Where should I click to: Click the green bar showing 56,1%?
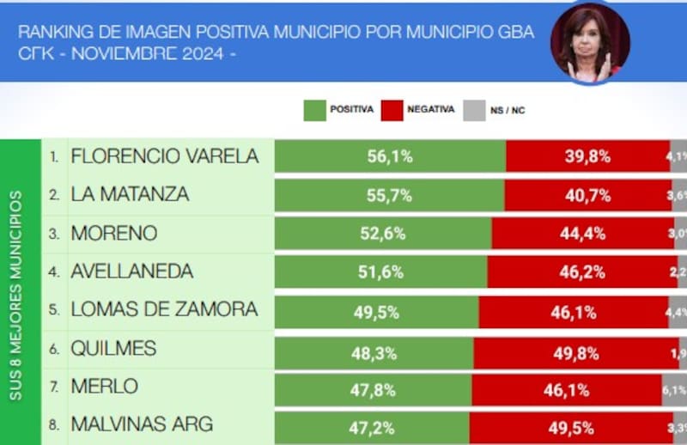pos(390,156)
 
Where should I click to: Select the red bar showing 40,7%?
pos(588,195)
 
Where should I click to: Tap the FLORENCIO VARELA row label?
pos(165,156)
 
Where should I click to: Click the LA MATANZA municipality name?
pos(130,195)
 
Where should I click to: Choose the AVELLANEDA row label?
pos(132,271)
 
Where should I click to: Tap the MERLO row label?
pos(104,387)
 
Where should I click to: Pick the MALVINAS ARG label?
pos(142,424)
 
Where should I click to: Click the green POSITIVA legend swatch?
pos(314,110)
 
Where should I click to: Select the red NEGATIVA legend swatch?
pos(392,110)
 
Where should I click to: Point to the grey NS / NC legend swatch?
pos(474,110)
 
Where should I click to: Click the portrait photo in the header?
pos(591,43)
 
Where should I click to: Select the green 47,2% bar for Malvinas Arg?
pos(372,424)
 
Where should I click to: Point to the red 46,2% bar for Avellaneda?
pos(578,271)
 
